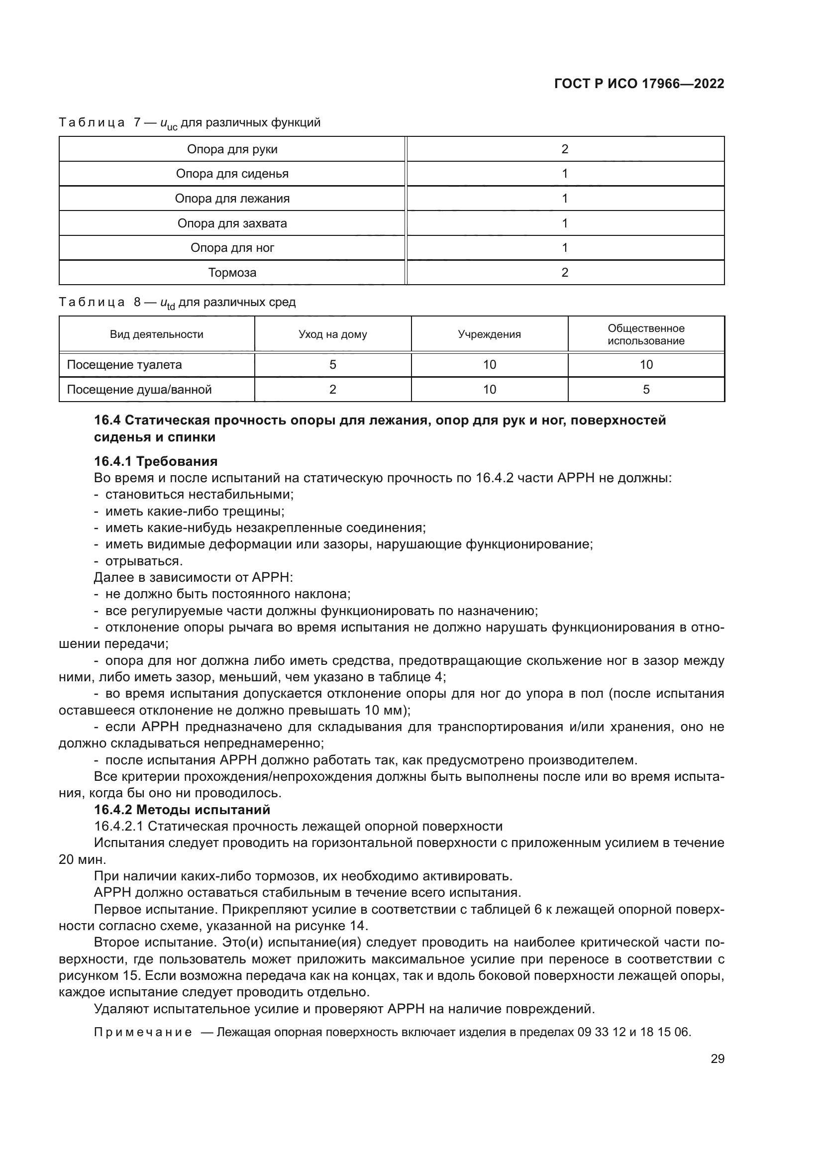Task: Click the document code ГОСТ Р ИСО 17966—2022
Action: pyautogui.click(x=639, y=84)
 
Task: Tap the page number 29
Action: pyautogui.click(x=717, y=1058)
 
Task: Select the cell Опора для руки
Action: pyautogui.click(x=232, y=149)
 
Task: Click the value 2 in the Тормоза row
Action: pyautogui.click(x=565, y=273)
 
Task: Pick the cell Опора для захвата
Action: pyautogui.click(x=232, y=223)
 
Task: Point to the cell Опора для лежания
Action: pyautogui.click(x=232, y=199)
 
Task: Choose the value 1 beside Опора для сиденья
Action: pyautogui.click(x=565, y=174)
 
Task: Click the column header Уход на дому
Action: pyautogui.click(x=332, y=334)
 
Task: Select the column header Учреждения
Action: pyautogui.click(x=489, y=334)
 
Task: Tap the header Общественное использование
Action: pyautogui.click(x=646, y=334)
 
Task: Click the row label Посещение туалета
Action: pyautogui.click(x=124, y=365)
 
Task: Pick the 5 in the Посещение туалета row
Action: pyautogui.click(x=332, y=365)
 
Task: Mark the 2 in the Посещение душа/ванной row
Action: pyautogui.click(x=332, y=390)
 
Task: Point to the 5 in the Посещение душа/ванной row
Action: pyautogui.click(x=646, y=390)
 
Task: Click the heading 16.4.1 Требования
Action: pyautogui.click(x=156, y=461)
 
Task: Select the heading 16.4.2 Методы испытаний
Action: pyautogui.click(x=182, y=810)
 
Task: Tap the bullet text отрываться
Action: pyautogui.click(x=143, y=561)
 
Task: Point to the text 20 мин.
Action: pyautogui.click(x=82, y=860)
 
